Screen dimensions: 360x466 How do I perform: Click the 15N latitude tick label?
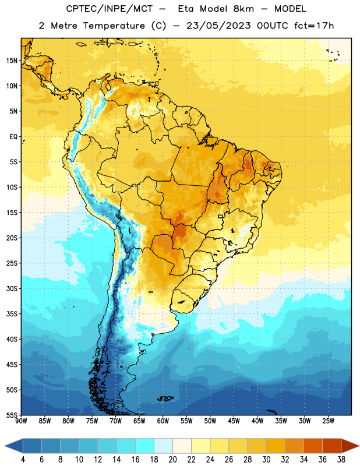pyautogui.click(x=12, y=61)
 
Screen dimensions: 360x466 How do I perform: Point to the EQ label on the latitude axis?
pyautogui.click(x=13, y=137)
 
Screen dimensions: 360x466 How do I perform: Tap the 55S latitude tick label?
pyautogui.click(x=12, y=415)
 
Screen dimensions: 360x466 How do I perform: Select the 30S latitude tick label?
pyautogui.click(x=12, y=288)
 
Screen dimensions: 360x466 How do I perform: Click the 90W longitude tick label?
pyautogui.click(x=21, y=421)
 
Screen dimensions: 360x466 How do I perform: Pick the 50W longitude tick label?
pyautogui.click(x=210, y=421)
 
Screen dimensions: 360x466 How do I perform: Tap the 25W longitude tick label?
pyautogui.click(x=328, y=421)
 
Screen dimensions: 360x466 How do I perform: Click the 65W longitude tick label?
pyautogui.click(x=139, y=421)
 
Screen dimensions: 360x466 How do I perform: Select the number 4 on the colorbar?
pyautogui.click(x=23, y=460)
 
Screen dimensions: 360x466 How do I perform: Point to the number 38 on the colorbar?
pyautogui.click(x=341, y=460)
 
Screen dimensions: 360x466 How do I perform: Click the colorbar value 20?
pyautogui.click(x=172, y=460)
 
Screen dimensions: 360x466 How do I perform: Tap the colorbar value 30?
pyautogui.click(x=266, y=460)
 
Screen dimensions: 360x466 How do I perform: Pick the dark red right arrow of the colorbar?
pyautogui.click(x=350, y=446)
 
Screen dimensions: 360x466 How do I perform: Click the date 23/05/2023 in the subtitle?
pyautogui.click(x=218, y=26)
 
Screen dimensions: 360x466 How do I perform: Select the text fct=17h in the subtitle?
pyautogui.click(x=314, y=26)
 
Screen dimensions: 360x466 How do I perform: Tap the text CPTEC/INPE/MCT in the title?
pyautogui.click(x=109, y=9)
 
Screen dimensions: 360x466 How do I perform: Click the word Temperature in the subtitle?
pyautogui.click(x=114, y=26)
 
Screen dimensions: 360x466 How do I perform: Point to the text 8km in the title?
pyautogui.click(x=243, y=9)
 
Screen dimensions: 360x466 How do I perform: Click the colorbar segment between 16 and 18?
pyautogui.click(x=145, y=446)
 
